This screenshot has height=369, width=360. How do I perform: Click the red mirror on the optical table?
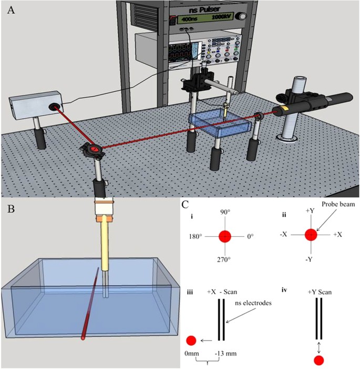point(94,150)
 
